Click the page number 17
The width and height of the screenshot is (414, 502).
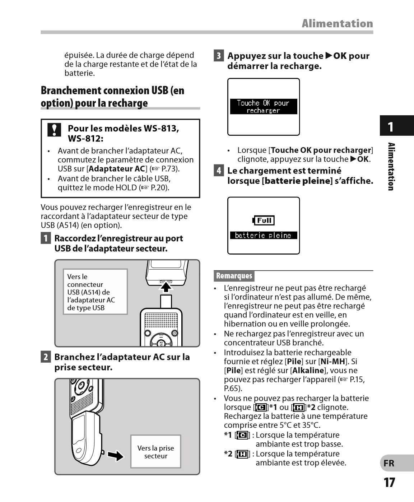coord(389,482)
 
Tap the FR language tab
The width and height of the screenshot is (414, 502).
coord(389,463)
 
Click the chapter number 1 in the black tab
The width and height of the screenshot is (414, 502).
coord(391,127)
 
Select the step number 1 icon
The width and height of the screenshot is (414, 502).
coord(46,238)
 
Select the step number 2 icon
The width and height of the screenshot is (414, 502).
coord(46,357)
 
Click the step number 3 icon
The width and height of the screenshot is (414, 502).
coord(219,56)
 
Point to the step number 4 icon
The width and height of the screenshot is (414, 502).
coord(219,171)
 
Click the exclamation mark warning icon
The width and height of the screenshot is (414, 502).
coord(54,130)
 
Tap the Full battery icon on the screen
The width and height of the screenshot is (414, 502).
coord(264,220)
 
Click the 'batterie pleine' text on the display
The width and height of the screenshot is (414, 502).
coord(263,236)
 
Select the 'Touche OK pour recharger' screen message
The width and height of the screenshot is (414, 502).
coord(263,107)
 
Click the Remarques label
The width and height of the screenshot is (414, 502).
coord(234,276)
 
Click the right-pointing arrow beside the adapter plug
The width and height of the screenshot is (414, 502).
coord(116,456)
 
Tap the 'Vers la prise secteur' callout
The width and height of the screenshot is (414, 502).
coord(155,452)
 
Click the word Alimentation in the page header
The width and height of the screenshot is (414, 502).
coord(337,24)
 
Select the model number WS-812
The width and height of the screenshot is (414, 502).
coord(85,139)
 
